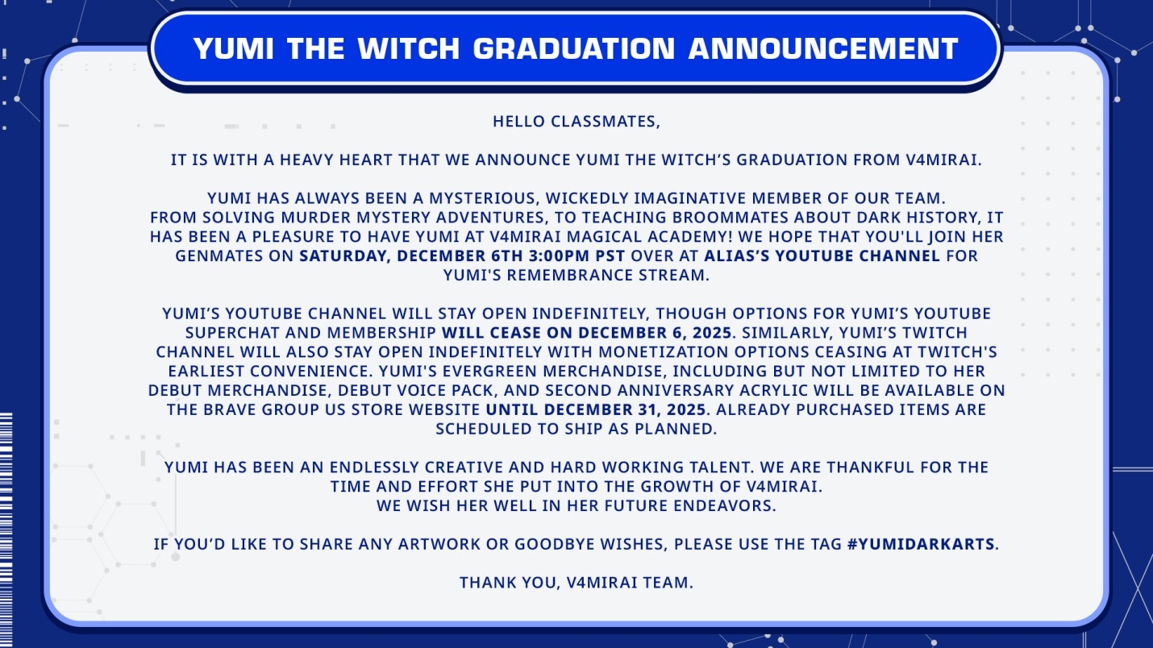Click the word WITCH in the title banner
(x=408, y=48)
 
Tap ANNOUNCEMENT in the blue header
(x=823, y=48)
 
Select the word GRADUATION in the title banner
(x=573, y=48)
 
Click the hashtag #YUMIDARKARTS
(x=921, y=544)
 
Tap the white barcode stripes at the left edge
(x=6, y=530)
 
